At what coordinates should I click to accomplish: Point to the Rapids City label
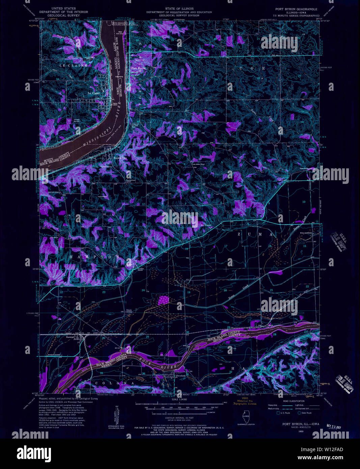(x=120, y=158)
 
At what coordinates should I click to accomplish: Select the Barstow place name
(x=70, y=337)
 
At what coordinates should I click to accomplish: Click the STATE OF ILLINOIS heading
(x=179, y=8)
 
